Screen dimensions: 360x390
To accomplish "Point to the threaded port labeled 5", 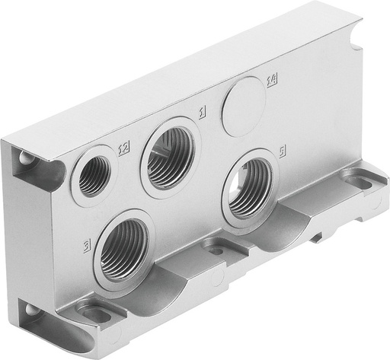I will point(250,186).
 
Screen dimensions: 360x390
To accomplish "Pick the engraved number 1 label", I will point(201,114).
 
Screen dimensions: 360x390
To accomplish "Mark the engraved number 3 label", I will point(88,246).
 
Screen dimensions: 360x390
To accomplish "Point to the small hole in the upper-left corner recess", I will point(27,158).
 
